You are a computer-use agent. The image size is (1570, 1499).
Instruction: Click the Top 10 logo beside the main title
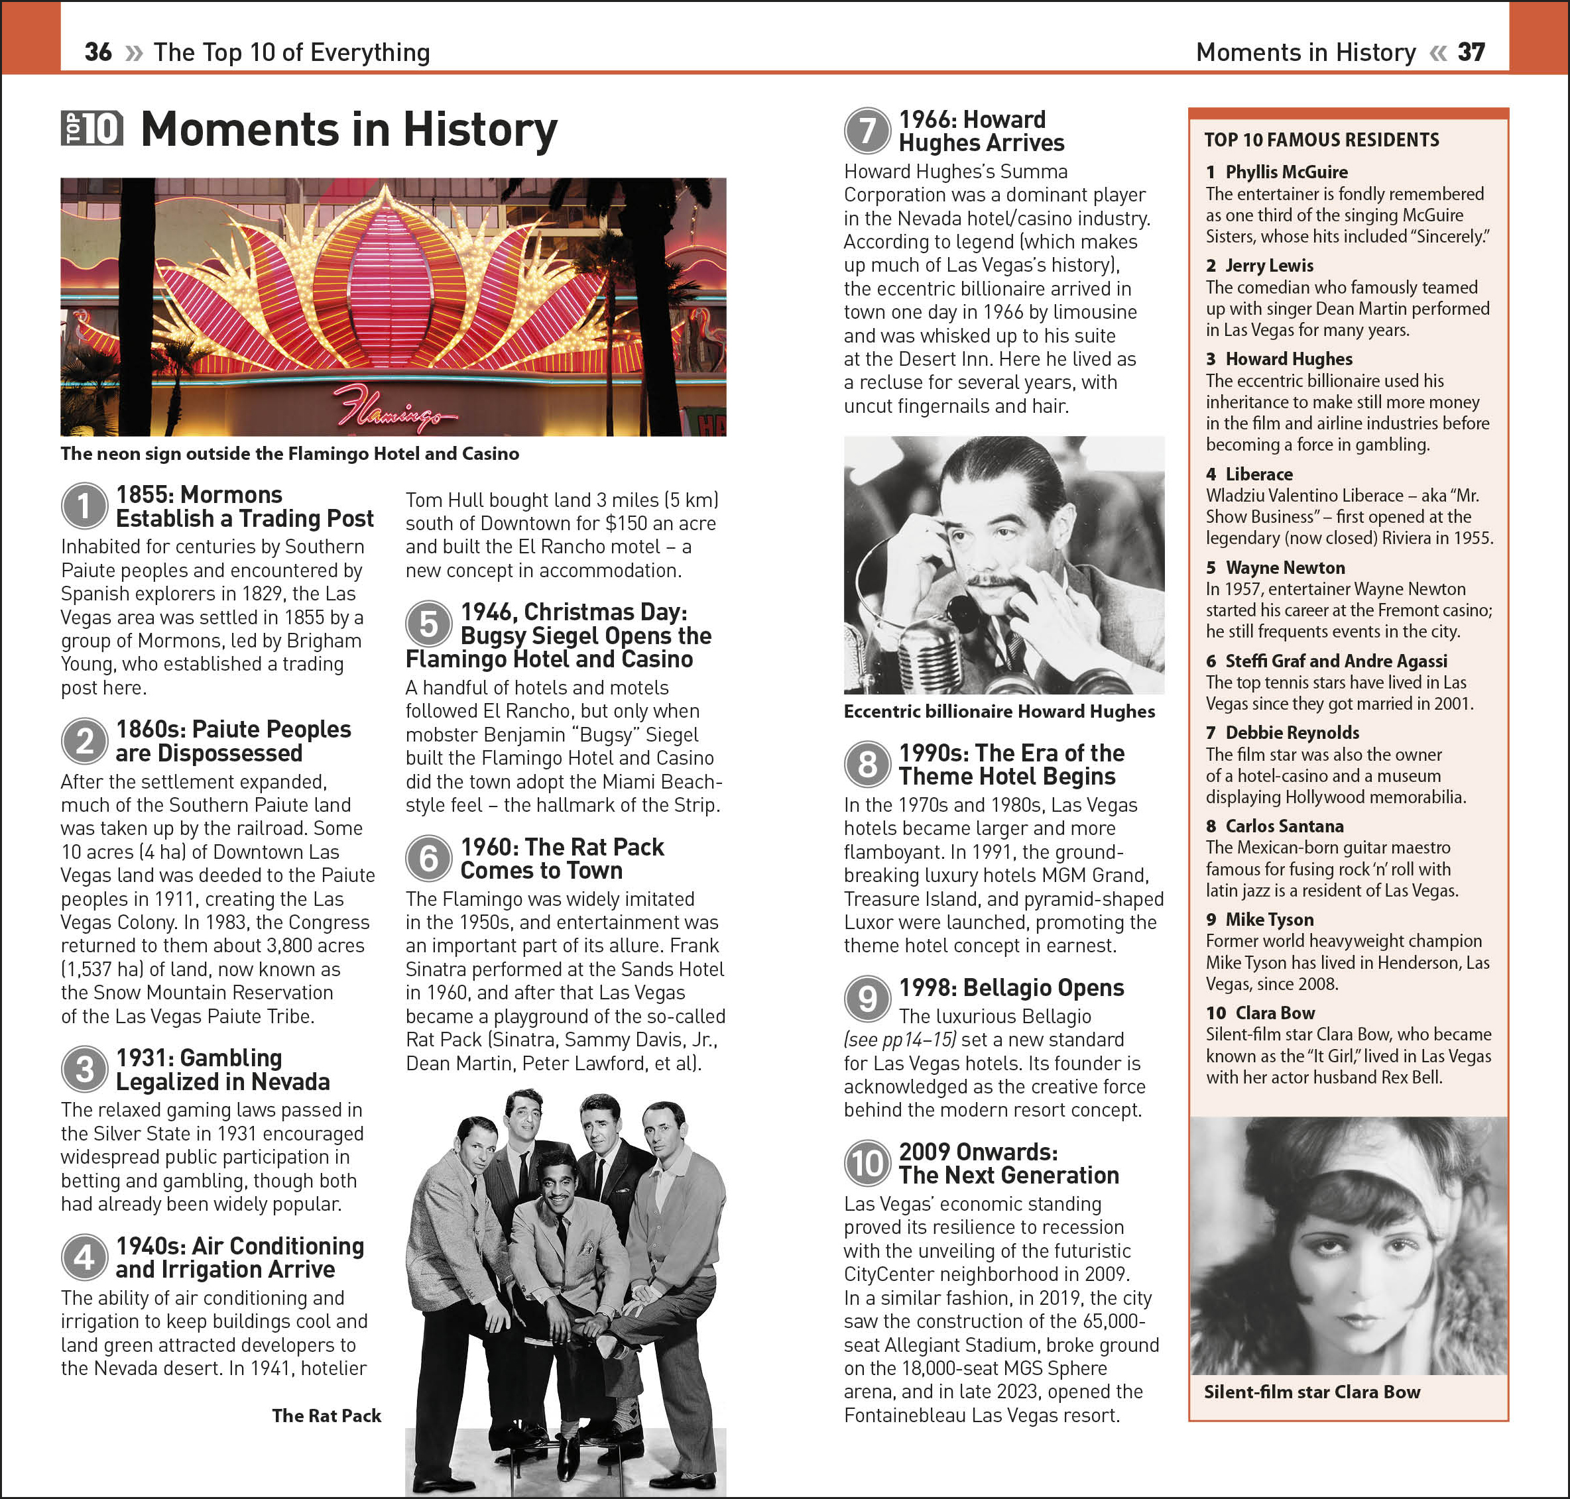coord(92,129)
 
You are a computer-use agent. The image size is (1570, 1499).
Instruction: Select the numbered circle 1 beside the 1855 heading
coord(84,506)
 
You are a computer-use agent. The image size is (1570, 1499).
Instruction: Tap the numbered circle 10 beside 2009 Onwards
coord(867,1164)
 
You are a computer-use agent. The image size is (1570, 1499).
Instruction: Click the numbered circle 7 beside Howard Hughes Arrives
coord(867,131)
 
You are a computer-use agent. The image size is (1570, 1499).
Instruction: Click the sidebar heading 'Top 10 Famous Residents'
coord(1321,140)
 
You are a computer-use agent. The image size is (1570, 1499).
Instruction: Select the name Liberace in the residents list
coord(1258,474)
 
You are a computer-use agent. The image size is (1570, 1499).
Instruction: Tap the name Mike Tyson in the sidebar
coord(1270,920)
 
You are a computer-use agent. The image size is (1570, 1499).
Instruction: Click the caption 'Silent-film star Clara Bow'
coord(1312,1392)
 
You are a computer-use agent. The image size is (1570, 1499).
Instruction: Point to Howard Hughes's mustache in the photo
coord(991,579)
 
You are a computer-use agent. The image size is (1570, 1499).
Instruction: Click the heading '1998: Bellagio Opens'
coord(1011,987)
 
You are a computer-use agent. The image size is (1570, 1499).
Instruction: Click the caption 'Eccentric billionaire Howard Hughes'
coord(999,711)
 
